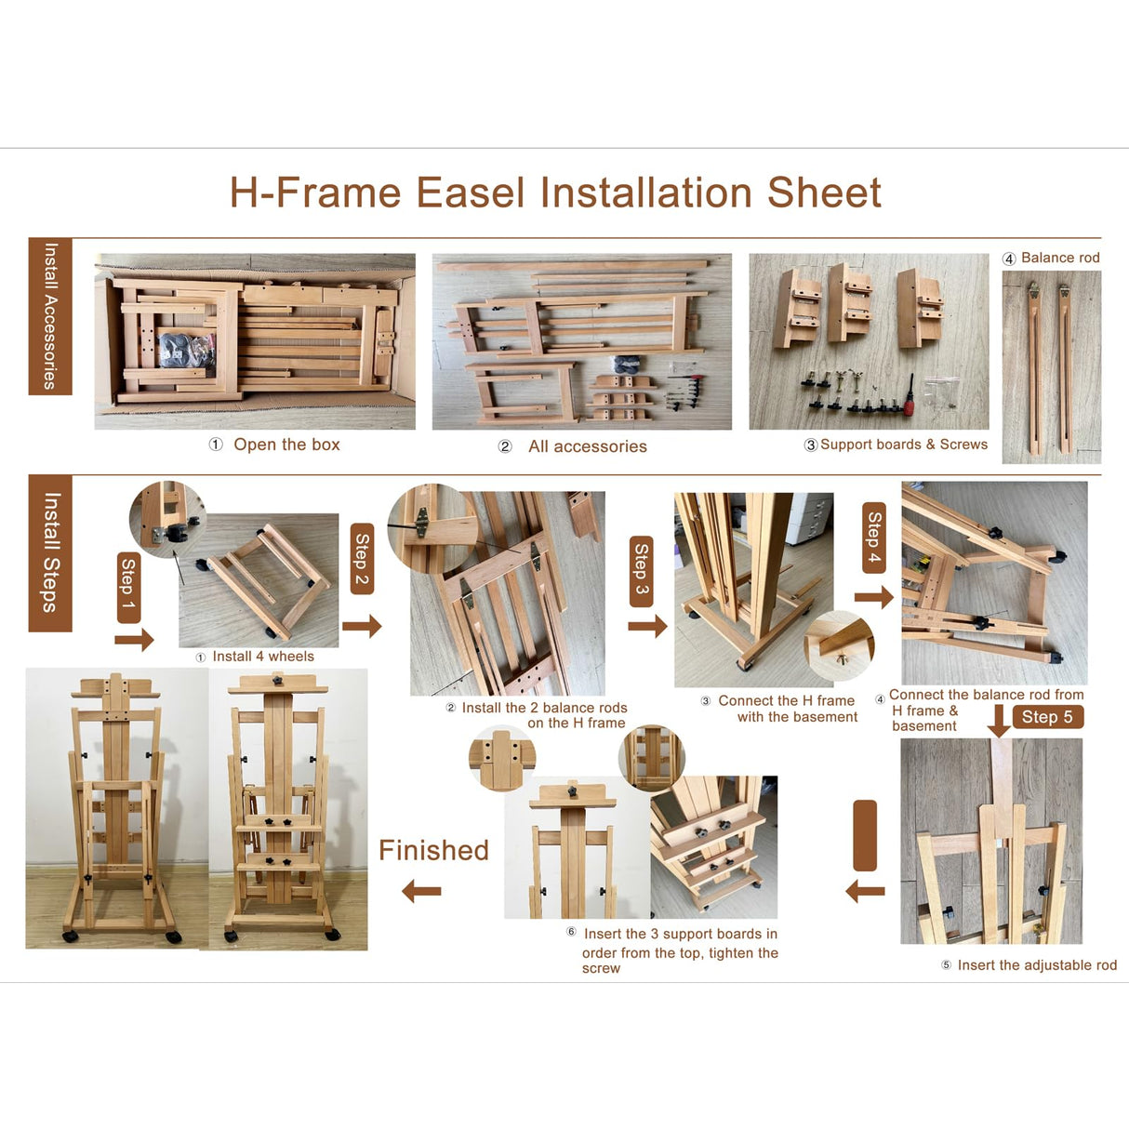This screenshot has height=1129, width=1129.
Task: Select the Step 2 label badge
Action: (x=362, y=560)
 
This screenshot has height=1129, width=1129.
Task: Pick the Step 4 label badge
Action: (x=874, y=538)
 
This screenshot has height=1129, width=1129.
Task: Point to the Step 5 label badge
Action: (x=1047, y=717)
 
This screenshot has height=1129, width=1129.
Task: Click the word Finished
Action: (x=433, y=850)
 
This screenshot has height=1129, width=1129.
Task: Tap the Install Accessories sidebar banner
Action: (x=50, y=316)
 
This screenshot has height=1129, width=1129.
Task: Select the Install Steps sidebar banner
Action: (x=50, y=553)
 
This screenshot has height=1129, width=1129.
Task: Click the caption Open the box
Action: (x=286, y=445)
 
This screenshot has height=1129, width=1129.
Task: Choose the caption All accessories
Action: (x=587, y=446)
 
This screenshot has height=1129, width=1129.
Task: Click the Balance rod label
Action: (x=1060, y=258)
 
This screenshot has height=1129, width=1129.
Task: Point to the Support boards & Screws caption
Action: (x=903, y=445)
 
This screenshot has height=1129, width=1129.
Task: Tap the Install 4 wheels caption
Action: (x=262, y=657)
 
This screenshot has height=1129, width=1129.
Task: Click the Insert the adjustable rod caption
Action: (x=1037, y=965)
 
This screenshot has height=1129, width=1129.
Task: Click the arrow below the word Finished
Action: (x=421, y=892)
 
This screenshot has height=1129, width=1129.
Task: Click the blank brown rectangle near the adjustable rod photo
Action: (x=865, y=835)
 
